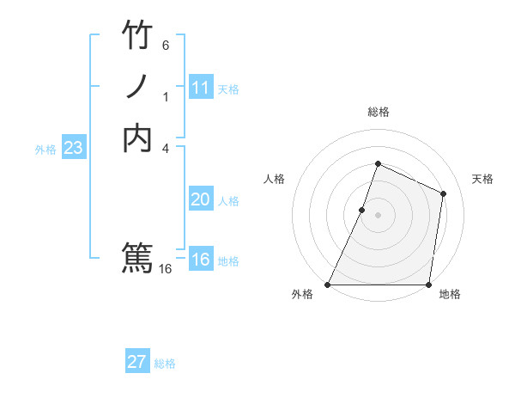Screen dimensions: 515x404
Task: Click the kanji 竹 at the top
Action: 137,35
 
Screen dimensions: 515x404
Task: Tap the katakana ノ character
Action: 137,87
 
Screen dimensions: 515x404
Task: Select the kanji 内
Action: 137,138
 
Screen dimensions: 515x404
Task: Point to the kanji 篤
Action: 137,257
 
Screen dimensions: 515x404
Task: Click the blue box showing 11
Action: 200,88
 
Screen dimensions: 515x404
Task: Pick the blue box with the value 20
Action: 200,199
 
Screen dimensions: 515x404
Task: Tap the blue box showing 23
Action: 73,148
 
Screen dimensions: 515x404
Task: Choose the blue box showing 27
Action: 137,362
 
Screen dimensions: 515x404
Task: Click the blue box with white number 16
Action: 200,260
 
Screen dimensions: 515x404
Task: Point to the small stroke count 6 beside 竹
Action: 166,45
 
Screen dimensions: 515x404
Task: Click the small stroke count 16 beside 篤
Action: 166,269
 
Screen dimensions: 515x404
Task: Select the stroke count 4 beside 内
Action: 166,148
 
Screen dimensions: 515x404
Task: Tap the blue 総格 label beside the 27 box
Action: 165,364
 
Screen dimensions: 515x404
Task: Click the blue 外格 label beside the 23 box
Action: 45,150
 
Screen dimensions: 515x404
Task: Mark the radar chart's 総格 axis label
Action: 378,112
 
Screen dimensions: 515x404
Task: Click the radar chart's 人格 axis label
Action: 274,179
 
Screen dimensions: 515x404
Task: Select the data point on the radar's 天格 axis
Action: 444,193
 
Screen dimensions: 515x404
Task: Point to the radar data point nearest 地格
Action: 429,285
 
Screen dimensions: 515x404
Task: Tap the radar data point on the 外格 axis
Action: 327,285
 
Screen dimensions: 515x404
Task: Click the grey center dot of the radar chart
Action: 378,215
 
